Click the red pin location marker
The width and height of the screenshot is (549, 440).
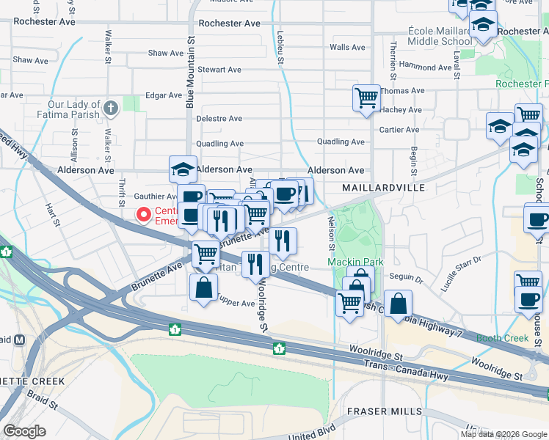click(144, 214)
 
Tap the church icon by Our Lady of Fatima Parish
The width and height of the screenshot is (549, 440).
click(111, 109)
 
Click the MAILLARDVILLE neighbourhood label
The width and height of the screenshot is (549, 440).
click(384, 188)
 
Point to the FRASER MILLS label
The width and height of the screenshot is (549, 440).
click(386, 411)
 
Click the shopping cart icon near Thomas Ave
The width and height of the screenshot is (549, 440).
click(366, 97)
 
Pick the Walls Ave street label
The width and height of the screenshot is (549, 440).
click(347, 47)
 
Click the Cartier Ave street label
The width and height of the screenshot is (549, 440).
click(399, 130)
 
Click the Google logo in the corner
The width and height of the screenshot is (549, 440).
click(24, 430)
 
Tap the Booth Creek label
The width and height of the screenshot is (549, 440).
click(502, 338)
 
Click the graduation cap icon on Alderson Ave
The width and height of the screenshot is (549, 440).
click(183, 169)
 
